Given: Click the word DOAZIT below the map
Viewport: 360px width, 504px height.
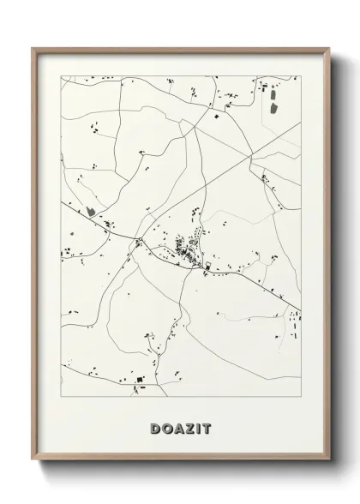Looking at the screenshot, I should tap(180, 428).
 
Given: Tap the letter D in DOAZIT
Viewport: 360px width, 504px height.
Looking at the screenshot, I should tap(155, 428).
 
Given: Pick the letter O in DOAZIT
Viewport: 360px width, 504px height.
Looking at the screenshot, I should tap(166, 428).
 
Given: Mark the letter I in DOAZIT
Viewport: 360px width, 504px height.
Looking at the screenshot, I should tap(196, 428).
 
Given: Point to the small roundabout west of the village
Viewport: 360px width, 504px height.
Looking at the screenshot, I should tap(138, 241).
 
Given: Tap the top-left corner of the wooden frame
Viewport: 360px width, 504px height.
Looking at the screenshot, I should tap(34, 48).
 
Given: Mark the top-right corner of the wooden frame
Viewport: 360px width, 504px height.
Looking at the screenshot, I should tap(327, 48).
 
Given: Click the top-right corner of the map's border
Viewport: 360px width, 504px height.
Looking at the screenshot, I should tap(301, 76).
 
